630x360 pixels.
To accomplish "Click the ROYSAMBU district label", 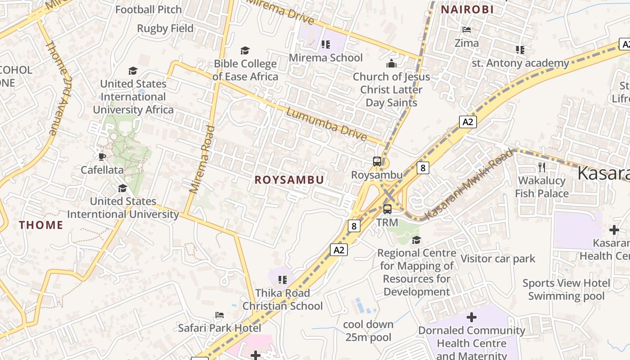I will (289, 180).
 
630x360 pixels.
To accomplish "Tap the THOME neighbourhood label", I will (41, 225).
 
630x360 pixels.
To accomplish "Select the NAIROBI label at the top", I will (467, 9).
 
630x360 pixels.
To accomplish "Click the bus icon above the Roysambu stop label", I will (377, 162).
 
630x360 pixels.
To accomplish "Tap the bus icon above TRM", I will (387, 209).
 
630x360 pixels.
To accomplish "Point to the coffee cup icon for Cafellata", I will (102, 157).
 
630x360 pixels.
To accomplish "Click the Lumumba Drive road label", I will (326, 125).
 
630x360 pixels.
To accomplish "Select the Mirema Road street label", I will (202, 160).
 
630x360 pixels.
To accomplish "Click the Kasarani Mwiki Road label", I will (469, 184).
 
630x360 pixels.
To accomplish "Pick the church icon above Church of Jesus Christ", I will (391, 63).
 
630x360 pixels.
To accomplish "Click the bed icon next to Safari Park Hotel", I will (219, 315).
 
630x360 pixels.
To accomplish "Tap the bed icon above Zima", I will (467, 30).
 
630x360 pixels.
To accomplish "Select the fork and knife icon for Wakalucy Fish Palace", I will (542, 167).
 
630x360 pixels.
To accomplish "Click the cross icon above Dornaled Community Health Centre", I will (471, 317).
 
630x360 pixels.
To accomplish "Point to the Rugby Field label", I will (165, 28).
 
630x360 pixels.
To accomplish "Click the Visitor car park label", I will (498, 259).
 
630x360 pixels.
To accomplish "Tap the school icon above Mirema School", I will (326, 45).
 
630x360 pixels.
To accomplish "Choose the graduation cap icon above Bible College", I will (245, 50).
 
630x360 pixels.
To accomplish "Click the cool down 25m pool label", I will (368, 331).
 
